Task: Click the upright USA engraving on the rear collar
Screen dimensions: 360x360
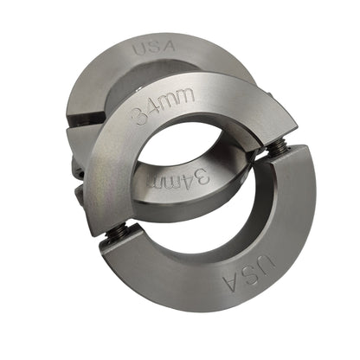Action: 154,48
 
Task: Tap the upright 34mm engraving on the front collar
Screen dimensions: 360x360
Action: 163,106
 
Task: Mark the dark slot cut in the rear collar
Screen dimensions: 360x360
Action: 86,119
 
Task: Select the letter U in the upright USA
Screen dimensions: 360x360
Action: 139,49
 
